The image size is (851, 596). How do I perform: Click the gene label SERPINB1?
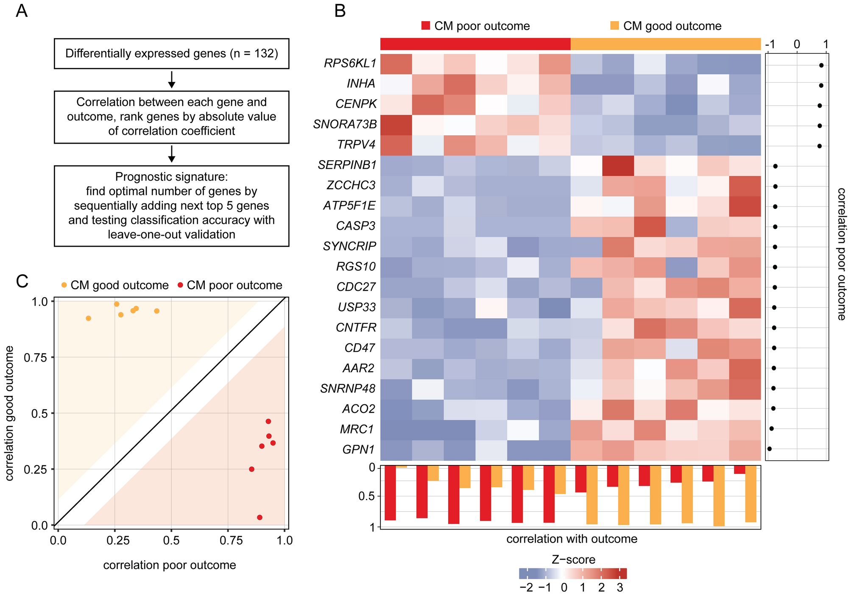pyautogui.click(x=347, y=165)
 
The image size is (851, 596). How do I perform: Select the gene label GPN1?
pyautogui.click(x=359, y=449)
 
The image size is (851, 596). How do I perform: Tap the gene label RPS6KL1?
pyautogui.click(x=350, y=64)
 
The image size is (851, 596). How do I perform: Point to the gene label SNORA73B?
pyautogui.click(x=345, y=125)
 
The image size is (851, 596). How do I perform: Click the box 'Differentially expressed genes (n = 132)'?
pyautogui.click(x=171, y=54)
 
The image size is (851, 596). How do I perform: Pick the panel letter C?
pyautogui.click(x=22, y=281)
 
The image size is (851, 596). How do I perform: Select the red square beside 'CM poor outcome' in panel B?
pyautogui.click(x=426, y=26)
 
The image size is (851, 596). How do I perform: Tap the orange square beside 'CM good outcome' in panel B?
pyautogui.click(x=614, y=26)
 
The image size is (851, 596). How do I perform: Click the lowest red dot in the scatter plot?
pyautogui.click(x=259, y=517)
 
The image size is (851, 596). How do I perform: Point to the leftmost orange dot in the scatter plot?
pyautogui.click(x=88, y=318)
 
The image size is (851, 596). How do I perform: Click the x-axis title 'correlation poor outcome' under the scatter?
pyautogui.click(x=170, y=565)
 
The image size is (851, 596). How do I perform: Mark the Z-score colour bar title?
pyautogui.click(x=573, y=560)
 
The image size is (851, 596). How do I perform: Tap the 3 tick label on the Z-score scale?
pyautogui.click(x=620, y=588)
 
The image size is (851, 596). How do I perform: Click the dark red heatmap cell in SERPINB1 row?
pyautogui.click(x=618, y=165)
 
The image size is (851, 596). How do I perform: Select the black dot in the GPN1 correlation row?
pyautogui.click(x=769, y=448)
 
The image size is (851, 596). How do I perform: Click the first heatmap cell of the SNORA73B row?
pyautogui.click(x=396, y=125)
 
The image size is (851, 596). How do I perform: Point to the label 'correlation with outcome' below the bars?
pyautogui.click(x=572, y=539)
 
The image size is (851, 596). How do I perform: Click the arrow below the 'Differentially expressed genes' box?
pyautogui.click(x=171, y=80)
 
